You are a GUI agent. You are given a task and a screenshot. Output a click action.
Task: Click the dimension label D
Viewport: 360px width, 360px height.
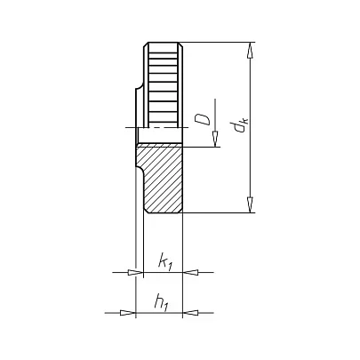click(203, 120)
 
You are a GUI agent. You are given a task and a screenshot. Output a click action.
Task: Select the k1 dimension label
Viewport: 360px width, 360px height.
click(165, 261)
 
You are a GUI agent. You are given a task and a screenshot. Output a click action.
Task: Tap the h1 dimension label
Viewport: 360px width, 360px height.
click(162, 302)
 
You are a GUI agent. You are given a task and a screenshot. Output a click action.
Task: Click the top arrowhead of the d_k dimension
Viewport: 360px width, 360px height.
click(251, 51)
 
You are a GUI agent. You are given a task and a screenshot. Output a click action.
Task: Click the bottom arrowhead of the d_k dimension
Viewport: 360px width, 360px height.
click(251, 204)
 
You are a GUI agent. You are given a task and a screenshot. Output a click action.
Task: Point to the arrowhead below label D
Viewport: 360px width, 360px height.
click(216, 139)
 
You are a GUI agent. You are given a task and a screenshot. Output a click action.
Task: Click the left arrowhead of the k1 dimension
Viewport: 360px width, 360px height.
click(135, 272)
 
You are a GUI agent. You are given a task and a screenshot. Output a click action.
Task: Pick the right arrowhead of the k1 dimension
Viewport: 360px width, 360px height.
click(190, 272)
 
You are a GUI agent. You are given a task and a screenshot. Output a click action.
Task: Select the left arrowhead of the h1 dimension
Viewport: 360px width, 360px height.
click(127, 313)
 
